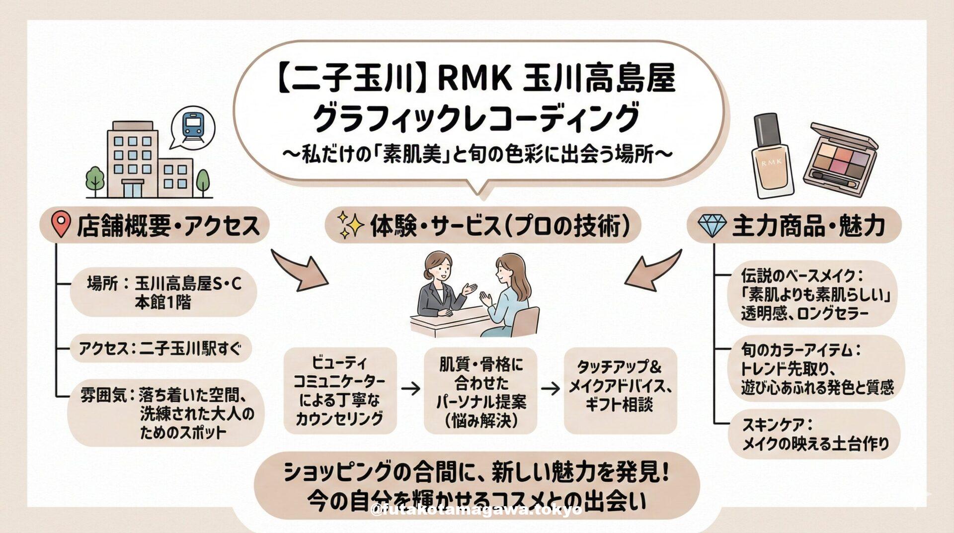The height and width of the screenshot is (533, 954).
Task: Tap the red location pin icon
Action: tap(61, 225)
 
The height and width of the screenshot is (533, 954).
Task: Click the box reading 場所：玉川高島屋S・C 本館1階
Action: tap(163, 292)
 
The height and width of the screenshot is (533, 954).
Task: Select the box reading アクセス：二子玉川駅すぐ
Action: tap(160, 349)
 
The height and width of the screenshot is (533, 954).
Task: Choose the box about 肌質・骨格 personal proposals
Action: tap(480, 391)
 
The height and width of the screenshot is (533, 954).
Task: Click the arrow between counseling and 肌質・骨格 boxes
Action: tap(410, 389)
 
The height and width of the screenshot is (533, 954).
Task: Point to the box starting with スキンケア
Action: tap(813, 434)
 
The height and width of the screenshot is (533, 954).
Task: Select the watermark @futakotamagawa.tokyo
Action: tap(477, 510)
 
